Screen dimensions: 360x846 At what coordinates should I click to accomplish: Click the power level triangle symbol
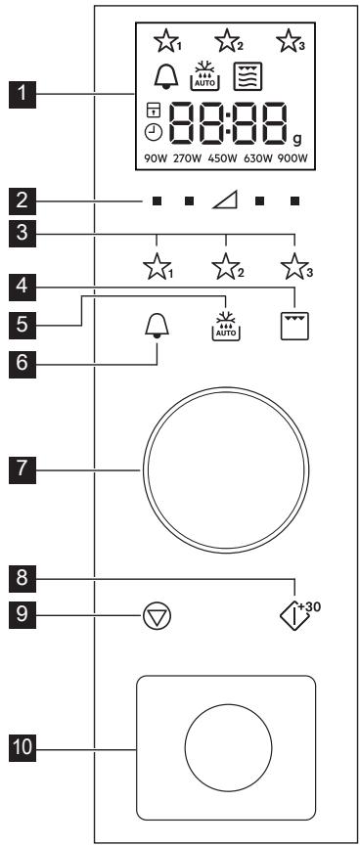click(x=226, y=203)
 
